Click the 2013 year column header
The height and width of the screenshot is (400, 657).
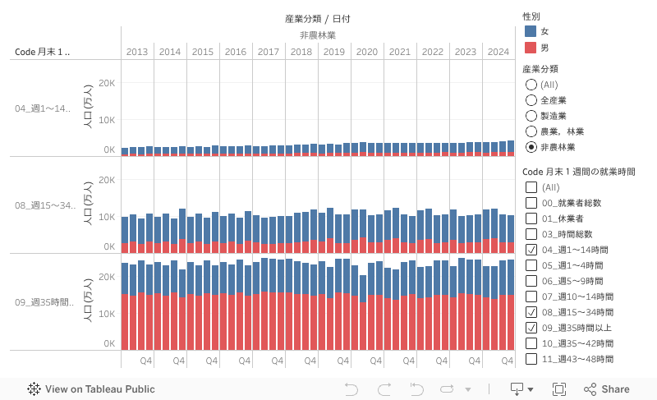pyautogui.click(x=137, y=52)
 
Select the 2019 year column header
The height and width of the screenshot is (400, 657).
pyautogui.click(x=334, y=52)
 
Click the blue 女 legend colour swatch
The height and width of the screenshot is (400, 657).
pyautogui.click(x=531, y=31)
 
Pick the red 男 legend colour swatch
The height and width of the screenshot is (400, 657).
pyautogui.click(x=531, y=47)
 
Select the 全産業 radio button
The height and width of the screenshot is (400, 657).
pyautogui.click(x=531, y=100)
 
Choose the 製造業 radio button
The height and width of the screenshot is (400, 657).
pyautogui.click(x=531, y=116)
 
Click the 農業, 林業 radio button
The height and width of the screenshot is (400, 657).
pyautogui.click(x=531, y=131)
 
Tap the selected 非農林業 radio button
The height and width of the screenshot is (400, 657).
pyautogui.click(x=531, y=147)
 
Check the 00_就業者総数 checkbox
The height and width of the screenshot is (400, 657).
pyautogui.click(x=531, y=203)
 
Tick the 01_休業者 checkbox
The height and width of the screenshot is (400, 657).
pyautogui.click(x=531, y=218)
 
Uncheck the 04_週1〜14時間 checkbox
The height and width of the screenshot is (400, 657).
pyautogui.click(x=531, y=250)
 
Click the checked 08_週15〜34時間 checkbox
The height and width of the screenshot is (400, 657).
pyautogui.click(x=531, y=312)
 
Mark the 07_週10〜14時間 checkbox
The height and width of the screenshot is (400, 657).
pyautogui.click(x=531, y=297)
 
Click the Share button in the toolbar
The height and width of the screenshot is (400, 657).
pyautogui.click(x=607, y=389)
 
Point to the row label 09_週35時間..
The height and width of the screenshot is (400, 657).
pyautogui.click(x=44, y=302)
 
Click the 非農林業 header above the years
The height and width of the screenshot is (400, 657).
pyautogui.click(x=317, y=35)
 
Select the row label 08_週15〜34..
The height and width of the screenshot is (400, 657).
pyautogui.click(x=44, y=205)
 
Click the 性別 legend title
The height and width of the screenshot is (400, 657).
pyautogui.click(x=531, y=16)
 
